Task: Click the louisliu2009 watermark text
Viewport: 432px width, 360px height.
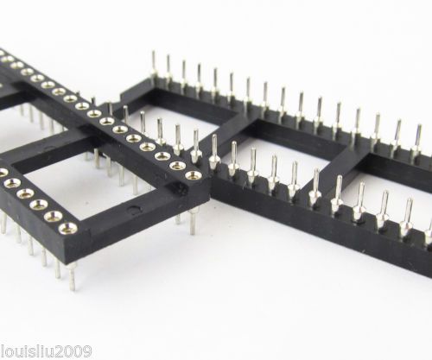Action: [46, 351]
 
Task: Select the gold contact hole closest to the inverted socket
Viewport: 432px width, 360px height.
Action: [193, 174]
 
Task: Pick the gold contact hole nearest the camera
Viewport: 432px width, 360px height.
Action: [68, 228]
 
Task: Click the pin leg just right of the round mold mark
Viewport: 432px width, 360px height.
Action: [193, 222]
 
